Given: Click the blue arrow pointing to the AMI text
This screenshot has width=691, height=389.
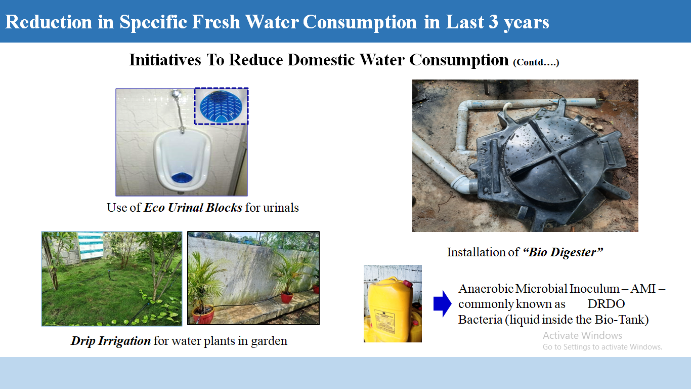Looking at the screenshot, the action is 443,304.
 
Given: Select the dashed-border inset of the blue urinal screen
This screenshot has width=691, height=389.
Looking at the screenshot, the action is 221,106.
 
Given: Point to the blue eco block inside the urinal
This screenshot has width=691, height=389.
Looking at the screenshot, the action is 182,178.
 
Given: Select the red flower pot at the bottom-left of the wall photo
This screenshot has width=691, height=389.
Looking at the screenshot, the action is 203,315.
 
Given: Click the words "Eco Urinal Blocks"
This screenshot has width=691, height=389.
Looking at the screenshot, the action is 193,208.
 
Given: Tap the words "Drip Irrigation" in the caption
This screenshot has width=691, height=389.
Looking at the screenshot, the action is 111,341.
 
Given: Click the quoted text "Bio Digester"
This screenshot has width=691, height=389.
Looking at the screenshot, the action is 563,252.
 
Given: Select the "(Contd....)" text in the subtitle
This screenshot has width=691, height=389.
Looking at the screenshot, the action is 536,62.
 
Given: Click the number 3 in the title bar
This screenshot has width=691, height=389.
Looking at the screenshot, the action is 493,22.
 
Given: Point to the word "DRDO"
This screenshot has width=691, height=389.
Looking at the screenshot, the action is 606,304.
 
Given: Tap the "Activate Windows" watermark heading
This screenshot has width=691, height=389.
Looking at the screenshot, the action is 582,335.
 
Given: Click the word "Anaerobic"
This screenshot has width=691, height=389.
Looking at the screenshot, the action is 486,289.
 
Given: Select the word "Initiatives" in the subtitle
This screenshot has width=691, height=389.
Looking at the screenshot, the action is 165,60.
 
